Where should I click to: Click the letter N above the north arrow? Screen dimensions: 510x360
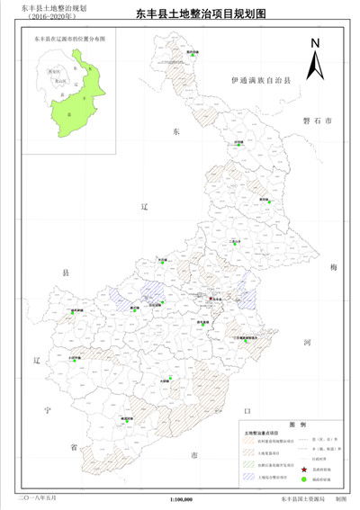tap(314, 42)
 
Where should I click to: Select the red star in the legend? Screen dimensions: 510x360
tap(303, 470)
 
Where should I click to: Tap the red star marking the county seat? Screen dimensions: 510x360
tap(212, 298)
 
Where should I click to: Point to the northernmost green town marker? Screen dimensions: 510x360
tap(191, 56)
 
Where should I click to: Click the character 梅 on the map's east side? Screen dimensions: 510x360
tap(333, 268)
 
